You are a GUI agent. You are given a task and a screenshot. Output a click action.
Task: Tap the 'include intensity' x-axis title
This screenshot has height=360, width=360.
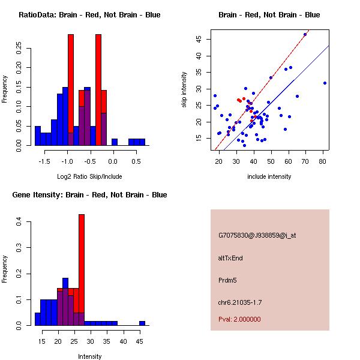click(269, 176)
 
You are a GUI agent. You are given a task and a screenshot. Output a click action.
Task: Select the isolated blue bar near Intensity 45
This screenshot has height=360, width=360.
click(142, 323)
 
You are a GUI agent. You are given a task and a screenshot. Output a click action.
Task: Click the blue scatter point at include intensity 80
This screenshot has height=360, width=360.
click(325, 83)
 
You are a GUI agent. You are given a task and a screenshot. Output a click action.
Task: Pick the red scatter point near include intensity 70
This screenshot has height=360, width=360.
click(305, 35)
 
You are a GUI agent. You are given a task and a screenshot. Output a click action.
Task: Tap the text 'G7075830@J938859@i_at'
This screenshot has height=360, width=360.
click(257, 235)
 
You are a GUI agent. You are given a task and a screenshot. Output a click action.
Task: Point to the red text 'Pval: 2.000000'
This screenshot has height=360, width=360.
click(239, 319)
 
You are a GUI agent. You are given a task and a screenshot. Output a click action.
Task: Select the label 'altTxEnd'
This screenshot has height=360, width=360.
click(230, 258)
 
